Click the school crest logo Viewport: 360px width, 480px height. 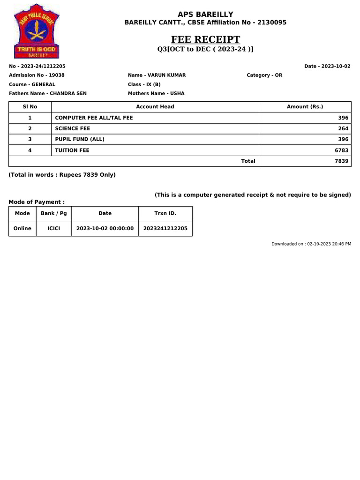(x=36, y=30)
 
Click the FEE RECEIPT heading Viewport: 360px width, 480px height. (x=205, y=39)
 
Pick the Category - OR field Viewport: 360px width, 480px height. (x=264, y=75)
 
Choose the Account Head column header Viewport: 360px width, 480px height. (x=155, y=107)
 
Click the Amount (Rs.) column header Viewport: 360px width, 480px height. (x=305, y=107)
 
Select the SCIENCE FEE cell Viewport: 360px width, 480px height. (x=73, y=128)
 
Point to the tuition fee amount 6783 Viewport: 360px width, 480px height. (x=342, y=150)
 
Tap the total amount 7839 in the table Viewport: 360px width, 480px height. (x=342, y=161)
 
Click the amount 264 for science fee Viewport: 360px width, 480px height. (x=343, y=128)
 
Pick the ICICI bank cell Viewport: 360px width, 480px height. (x=53, y=229)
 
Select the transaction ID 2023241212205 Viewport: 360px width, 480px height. (x=165, y=229)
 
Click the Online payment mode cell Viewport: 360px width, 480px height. (x=22, y=229)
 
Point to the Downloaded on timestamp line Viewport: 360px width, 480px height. (x=311, y=244)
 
